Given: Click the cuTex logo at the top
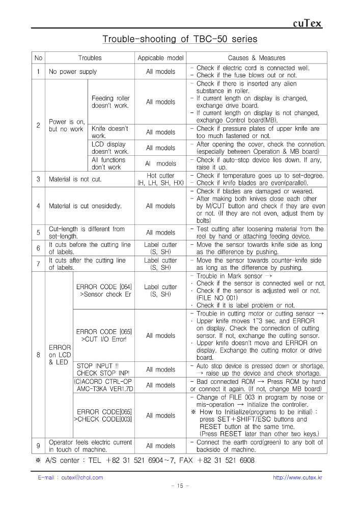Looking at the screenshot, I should point(308,23).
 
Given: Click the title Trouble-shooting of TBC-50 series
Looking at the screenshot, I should point(180,39).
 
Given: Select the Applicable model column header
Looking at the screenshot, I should point(160,58).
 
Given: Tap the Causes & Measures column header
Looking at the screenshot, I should point(256,58).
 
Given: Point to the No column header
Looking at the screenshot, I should point(38,58).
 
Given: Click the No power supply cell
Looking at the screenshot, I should point(73,72).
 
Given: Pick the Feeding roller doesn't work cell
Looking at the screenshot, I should point(110,102).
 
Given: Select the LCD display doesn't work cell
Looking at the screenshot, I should point(110,148).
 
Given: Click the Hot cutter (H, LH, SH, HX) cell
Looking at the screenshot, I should point(160,179).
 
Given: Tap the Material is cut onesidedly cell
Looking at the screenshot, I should point(84,206).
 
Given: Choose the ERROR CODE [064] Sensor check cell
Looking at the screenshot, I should point(104,291).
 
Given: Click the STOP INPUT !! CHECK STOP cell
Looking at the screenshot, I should point(104,370).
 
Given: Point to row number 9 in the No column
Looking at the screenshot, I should point(38,446).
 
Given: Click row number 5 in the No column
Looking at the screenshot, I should point(38,233).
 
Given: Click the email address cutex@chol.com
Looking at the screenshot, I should point(70,477).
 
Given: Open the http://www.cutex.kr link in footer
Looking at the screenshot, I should point(297,477).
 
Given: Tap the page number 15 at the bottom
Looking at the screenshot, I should point(180,486).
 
